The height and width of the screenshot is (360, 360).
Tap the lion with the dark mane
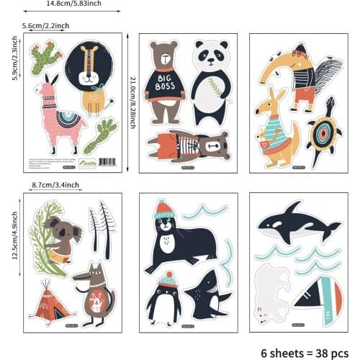click(x=91, y=76)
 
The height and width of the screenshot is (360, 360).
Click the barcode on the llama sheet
click(x=106, y=161)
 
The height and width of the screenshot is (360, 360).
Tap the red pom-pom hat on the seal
click(x=164, y=209)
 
